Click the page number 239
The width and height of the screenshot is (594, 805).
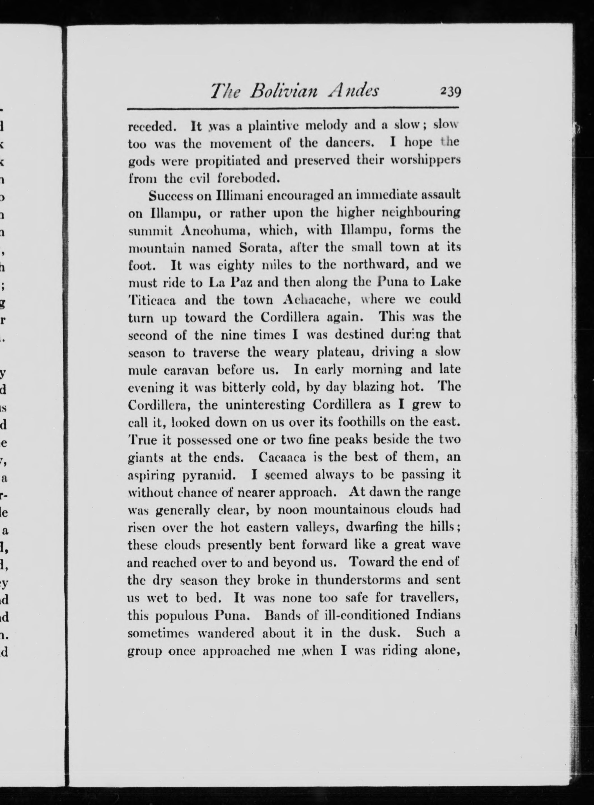point(450,92)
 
